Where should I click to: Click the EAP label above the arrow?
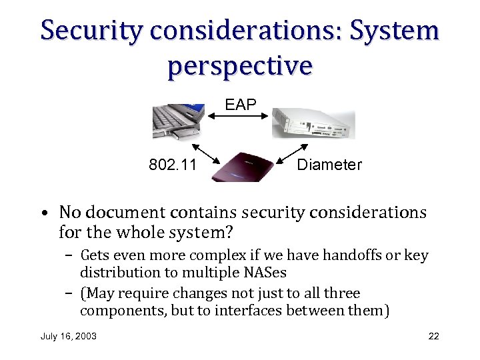(x=239, y=105)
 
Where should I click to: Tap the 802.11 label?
(x=173, y=165)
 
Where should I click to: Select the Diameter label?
(x=329, y=165)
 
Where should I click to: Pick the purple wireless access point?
(x=242, y=167)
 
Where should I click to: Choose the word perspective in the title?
(x=239, y=65)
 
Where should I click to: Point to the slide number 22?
(x=433, y=336)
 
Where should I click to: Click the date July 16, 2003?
(x=69, y=336)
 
